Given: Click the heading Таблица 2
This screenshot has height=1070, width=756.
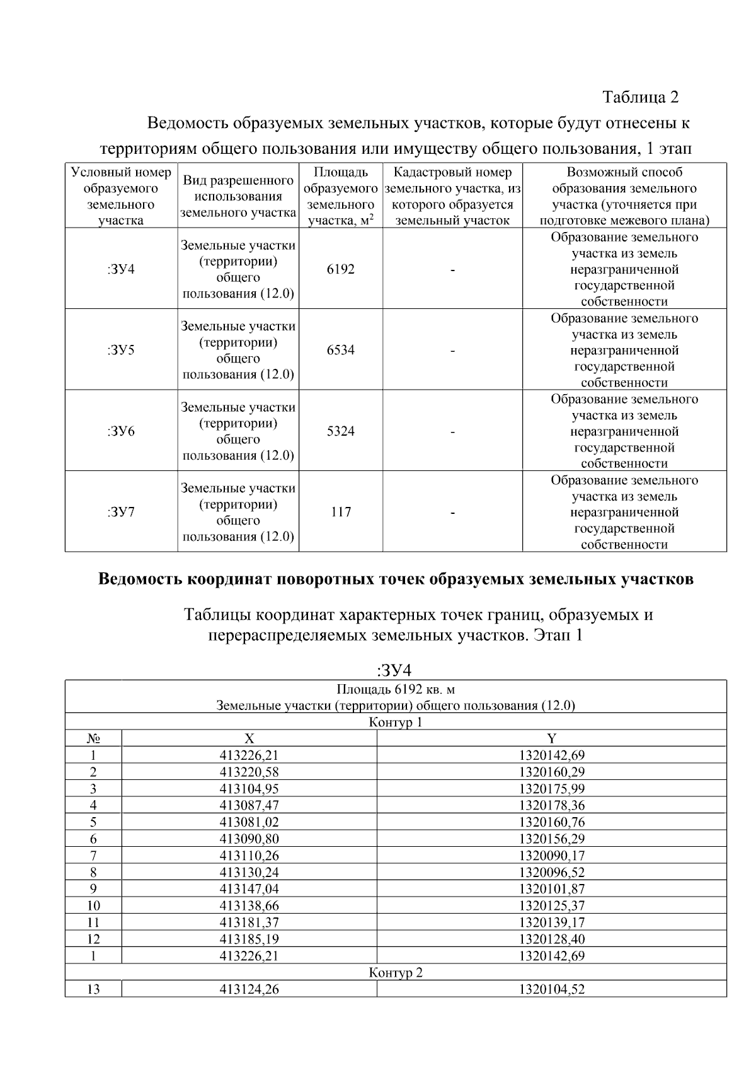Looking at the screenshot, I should click(640, 97).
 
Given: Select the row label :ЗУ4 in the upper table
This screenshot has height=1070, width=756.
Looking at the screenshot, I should click(121, 269).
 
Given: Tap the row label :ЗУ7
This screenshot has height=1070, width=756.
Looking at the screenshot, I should click(121, 512).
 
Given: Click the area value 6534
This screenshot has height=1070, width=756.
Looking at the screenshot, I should click(340, 350).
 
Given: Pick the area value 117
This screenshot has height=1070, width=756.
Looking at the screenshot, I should click(340, 512).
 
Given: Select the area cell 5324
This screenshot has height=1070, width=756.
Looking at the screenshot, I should click(340, 431).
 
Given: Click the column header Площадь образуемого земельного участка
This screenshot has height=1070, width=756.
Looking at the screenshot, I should click(340, 196).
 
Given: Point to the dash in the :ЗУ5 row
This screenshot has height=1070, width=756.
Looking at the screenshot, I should click(452, 351).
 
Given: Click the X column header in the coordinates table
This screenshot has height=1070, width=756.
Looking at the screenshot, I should click(249, 738).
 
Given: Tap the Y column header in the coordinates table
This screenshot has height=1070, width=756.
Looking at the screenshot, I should click(551, 738).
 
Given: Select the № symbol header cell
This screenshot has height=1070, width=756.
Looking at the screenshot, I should click(93, 738).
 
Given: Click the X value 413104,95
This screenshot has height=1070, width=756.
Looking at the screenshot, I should click(249, 789).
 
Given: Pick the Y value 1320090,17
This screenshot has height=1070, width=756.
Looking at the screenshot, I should click(551, 856).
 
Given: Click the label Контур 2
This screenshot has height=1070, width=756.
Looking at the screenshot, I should click(396, 972).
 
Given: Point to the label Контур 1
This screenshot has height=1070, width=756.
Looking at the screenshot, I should click(396, 722).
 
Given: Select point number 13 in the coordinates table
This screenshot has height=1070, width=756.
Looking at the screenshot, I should click(93, 989).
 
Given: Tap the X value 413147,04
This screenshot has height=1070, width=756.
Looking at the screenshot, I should click(249, 889).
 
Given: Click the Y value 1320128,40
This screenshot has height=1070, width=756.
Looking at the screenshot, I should click(551, 939).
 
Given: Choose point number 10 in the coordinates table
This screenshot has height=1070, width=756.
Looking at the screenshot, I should click(93, 905).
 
